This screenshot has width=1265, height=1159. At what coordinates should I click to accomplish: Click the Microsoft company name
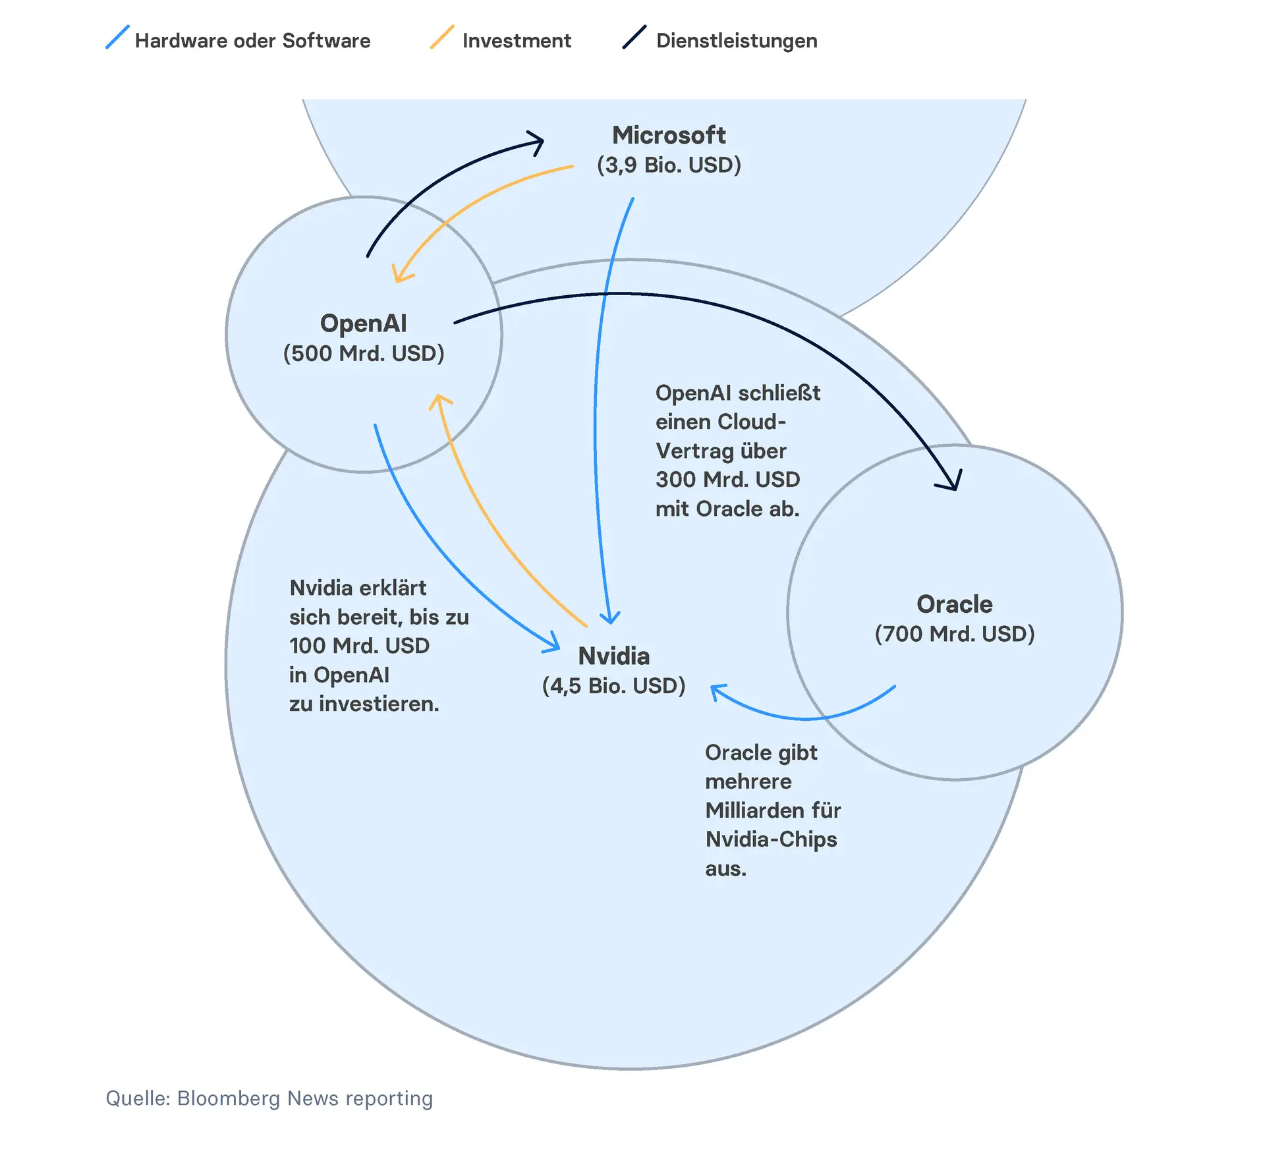tap(669, 135)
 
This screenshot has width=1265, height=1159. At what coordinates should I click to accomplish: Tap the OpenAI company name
tap(363, 324)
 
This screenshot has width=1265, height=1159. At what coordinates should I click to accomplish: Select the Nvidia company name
tap(613, 656)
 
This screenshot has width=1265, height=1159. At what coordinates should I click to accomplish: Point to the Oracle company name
tap(954, 604)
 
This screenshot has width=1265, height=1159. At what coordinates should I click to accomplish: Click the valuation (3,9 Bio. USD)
tap(669, 165)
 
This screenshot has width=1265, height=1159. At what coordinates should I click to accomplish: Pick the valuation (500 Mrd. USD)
tap(364, 354)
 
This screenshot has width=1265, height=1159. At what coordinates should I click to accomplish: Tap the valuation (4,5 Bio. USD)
tap(613, 686)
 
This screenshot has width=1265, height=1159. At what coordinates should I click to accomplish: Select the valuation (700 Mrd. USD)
tap(955, 634)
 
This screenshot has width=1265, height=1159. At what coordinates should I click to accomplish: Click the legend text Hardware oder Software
tap(252, 41)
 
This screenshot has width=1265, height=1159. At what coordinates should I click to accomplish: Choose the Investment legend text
tap(517, 41)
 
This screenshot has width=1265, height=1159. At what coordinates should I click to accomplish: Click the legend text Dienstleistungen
tap(737, 41)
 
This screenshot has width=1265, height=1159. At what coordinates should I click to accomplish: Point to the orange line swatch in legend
tap(442, 37)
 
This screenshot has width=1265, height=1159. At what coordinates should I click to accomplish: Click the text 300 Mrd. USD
tap(727, 480)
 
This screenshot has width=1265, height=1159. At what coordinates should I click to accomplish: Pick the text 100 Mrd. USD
tap(359, 646)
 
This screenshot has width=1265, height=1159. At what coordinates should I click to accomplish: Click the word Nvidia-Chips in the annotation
tap(771, 839)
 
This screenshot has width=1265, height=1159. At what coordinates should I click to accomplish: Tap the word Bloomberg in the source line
tap(229, 1098)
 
